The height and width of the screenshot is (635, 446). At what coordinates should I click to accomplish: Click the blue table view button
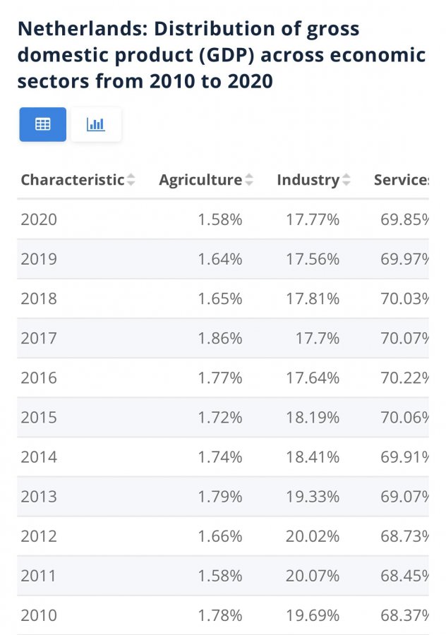[43, 124]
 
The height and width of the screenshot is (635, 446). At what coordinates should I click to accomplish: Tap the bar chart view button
[96, 124]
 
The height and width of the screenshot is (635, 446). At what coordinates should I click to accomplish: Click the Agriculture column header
[200, 180]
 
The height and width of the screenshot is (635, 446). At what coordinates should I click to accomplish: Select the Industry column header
[308, 180]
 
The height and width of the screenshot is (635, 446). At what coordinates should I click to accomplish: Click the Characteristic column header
[72, 180]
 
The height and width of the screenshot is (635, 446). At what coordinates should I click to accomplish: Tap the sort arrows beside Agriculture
[249, 181]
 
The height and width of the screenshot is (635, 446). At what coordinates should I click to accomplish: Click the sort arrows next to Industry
[346, 181]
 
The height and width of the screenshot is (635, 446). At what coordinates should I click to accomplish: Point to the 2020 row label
[39, 219]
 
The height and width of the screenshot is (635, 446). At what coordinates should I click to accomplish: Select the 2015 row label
[39, 417]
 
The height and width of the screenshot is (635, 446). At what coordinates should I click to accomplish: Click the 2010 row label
[39, 615]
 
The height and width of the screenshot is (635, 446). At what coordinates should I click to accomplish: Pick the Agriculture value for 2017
[220, 338]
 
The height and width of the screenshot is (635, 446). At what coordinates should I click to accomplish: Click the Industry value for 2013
[313, 496]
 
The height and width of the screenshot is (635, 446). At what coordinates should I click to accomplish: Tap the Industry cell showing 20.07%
[313, 575]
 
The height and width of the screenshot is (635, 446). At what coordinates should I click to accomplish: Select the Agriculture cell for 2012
[220, 536]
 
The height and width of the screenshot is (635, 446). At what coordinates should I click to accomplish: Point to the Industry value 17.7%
[318, 338]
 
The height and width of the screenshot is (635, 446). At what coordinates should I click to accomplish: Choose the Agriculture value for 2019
[220, 259]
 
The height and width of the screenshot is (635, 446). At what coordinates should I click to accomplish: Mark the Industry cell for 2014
[313, 456]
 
